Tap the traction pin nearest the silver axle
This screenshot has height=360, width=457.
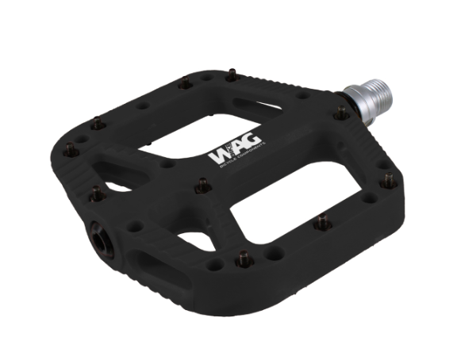tap(340, 113)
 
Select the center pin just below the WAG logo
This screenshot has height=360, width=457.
tap(202, 185)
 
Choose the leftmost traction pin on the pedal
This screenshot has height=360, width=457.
tap(69, 147)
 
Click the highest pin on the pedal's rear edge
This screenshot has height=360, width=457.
tap(232, 75)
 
